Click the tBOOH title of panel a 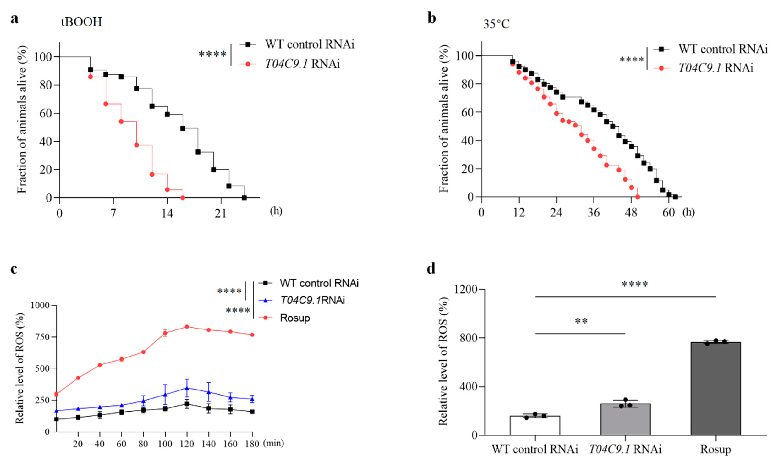point(81,22)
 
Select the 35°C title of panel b point(496,24)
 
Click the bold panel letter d point(431,268)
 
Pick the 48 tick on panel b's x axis point(631,213)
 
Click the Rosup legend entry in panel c point(294,318)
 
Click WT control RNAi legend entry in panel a point(309,44)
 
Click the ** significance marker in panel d point(581,321)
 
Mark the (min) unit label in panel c point(273,443)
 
